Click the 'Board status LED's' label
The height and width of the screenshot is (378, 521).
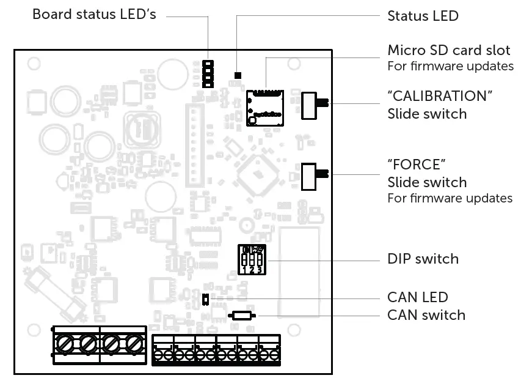(93, 14)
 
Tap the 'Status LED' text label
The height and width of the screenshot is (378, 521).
(423, 16)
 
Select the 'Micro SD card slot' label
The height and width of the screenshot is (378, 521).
(449, 50)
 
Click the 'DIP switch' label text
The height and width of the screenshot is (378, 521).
(423, 259)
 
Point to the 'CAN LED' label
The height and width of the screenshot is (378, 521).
(418, 297)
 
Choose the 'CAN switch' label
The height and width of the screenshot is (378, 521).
(426, 315)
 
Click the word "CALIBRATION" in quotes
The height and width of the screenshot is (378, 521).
(440, 97)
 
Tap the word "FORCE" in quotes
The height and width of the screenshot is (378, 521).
(414, 165)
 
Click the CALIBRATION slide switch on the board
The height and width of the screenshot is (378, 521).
(313, 104)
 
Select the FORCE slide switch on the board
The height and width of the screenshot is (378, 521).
(313, 176)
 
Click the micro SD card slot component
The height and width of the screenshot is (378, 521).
(265, 107)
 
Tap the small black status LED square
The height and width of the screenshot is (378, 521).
(238, 75)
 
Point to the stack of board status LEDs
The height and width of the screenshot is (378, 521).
(208, 73)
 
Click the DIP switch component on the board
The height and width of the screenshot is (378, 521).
(252, 259)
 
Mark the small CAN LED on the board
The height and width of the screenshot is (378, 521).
(206, 299)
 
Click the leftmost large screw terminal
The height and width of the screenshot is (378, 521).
(64, 344)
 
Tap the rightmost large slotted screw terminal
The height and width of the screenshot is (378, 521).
(133, 344)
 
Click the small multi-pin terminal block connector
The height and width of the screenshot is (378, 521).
(216, 350)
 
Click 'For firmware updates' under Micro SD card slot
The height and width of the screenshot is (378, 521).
(450, 66)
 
